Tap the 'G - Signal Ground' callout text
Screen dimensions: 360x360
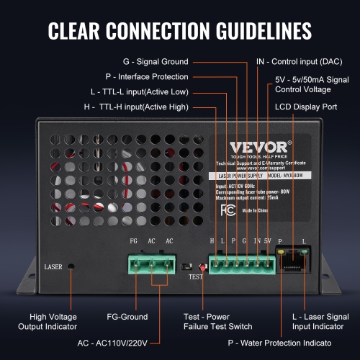click(x=156, y=62)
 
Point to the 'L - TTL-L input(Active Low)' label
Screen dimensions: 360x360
click(x=141, y=92)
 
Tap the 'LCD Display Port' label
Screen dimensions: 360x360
click(x=306, y=107)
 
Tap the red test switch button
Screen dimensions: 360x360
click(x=202, y=267)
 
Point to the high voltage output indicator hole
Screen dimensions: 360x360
click(x=73, y=267)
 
